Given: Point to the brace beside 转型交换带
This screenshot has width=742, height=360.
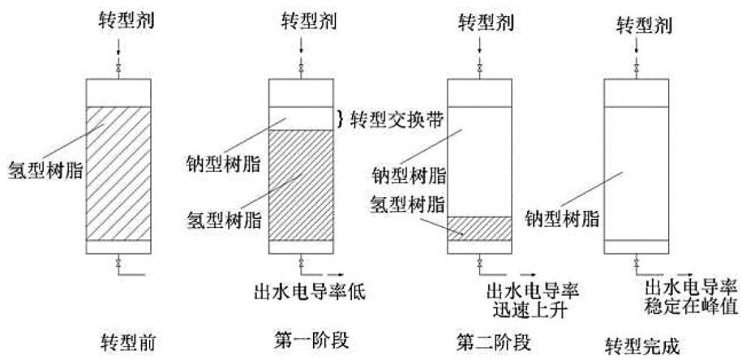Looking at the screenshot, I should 341,119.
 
